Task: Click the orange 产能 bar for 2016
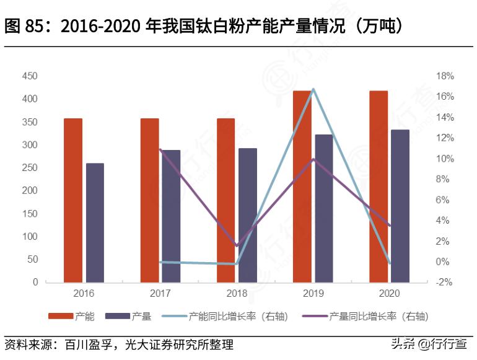(73, 200)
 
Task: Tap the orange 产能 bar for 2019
(302, 187)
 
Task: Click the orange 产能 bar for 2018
(226, 200)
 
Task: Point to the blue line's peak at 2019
(313, 89)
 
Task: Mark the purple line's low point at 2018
(237, 245)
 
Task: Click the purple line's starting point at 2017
(160, 149)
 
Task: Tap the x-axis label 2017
(160, 293)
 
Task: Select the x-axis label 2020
(390, 293)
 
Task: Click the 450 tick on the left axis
(30, 76)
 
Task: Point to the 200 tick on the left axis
(30, 191)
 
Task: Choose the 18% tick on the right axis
(445, 76)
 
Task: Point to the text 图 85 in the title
(24, 27)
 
